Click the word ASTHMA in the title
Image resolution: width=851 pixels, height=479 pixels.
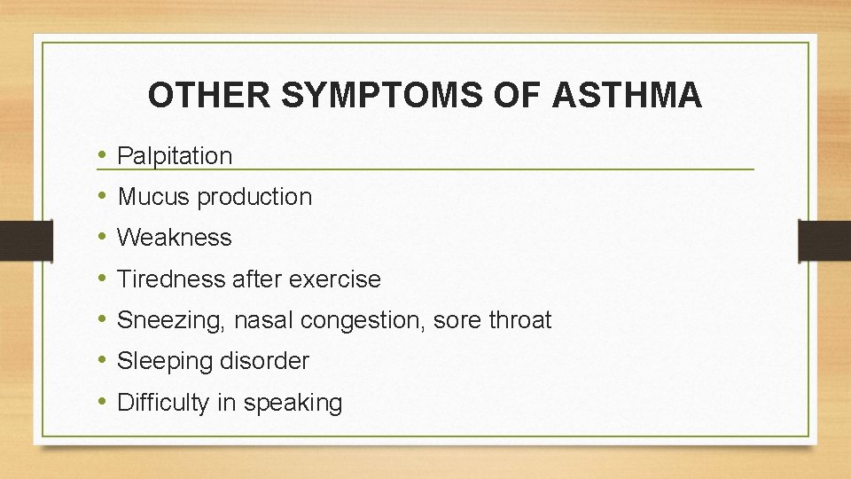(x=627, y=96)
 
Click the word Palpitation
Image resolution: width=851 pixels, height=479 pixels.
(x=175, y=156)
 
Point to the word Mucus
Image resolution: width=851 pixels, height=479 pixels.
(x=153, y=197)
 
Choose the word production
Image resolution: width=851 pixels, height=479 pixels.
(x=254, y=197)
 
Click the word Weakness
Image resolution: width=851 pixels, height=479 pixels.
(x=175, y=238)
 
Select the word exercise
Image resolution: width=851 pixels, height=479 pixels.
(x=337, y=279)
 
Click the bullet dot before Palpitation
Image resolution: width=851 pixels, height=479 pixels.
(x=103, y=156)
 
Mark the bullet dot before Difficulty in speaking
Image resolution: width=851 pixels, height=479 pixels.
(x=103, y=403)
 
